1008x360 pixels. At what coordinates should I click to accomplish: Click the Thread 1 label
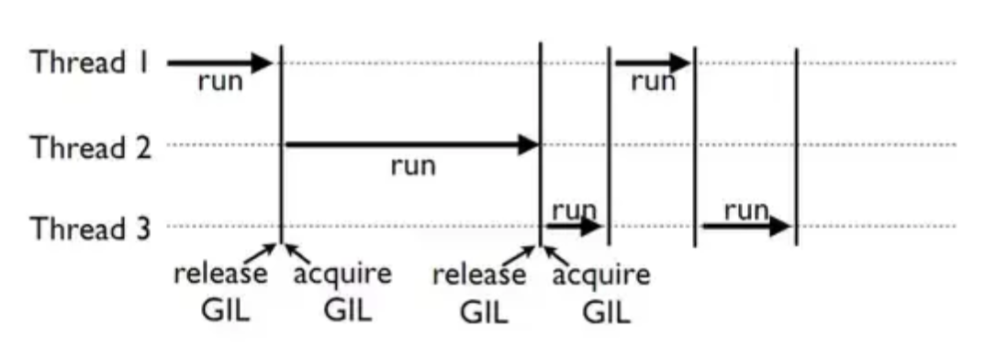(90, 63)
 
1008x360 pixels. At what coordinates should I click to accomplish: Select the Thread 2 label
(90, 146)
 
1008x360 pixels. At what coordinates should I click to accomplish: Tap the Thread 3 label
(90, 227)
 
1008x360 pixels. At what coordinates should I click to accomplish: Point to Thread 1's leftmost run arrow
(220, 63)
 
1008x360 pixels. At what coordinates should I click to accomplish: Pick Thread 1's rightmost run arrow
(653, 63)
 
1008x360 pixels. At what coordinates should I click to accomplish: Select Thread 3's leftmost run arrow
(574, 226)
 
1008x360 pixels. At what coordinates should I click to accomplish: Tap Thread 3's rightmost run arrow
(745, 226)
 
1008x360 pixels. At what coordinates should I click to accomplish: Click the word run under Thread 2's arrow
(413, 167)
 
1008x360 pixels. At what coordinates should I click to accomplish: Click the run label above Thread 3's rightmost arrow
(745, 210)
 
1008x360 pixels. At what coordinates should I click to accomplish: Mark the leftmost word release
(221, 274)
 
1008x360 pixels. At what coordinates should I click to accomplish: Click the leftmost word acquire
(342, 274)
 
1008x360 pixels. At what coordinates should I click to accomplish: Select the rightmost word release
(480, 275)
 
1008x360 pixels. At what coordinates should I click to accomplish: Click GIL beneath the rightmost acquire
(607, 311)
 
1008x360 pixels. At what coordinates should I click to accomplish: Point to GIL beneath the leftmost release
(225, 309)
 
